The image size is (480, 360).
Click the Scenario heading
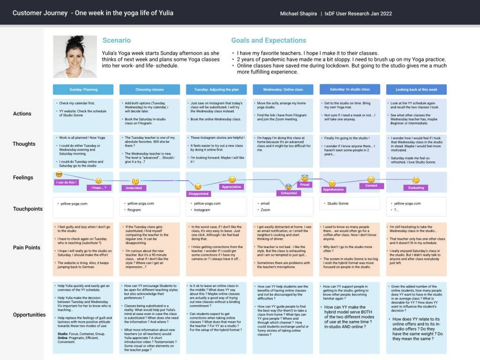[x=116, y=41]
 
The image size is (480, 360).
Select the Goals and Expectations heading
[x=268, y=41]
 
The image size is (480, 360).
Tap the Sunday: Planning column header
[x=83, y=90]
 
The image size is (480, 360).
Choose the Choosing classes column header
[x=150, y=90]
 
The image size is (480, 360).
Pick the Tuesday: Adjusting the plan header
[x=216, y=90]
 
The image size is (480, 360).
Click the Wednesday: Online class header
[x=283, y=90]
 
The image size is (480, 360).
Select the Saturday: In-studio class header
[x=350, y=89]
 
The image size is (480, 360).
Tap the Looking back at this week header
[x=416, y=90]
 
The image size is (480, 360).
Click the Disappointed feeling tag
[x=198, y=194]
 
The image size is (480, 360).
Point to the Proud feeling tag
[x=305, y=185]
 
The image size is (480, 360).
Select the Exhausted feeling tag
[x=289, y=193]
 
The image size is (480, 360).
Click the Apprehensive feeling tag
[x=334, y=190]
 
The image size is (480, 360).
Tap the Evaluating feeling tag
[x=416, y=188]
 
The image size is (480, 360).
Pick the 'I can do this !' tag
[x=66, y=182]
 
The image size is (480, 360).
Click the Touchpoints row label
[x=28, y=209]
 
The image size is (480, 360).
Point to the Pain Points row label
[x=26, y=247]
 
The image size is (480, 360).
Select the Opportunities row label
[x=29, y=315]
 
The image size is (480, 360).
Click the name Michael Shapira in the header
[x=298, y=14]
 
